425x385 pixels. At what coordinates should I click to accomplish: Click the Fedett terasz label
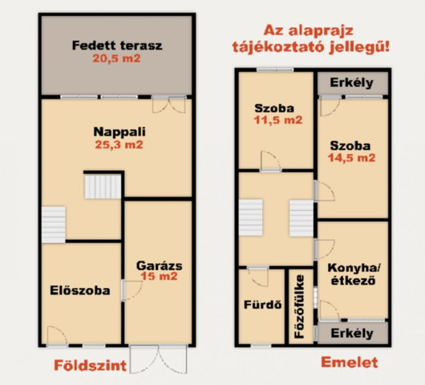point(117,46)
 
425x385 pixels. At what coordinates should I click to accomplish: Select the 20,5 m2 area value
point(117,59)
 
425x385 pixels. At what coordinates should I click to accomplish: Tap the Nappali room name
point(119,132)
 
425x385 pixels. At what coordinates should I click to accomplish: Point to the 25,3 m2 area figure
point(119,144)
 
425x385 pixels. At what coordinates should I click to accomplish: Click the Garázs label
point(160,265)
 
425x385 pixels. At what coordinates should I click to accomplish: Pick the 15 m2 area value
point(159,276)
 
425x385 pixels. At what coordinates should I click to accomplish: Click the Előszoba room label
point(80,290)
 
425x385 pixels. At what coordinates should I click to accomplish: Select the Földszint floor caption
point(91,366)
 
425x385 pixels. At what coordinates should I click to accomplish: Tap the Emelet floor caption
point(350,363)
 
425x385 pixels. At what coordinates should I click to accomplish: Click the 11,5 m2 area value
point(278,120)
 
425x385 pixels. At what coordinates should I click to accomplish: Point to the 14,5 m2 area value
point(352,158)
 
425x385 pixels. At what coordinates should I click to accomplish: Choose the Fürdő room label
point(263,305)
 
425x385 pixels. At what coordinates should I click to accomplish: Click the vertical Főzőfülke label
point(300,306)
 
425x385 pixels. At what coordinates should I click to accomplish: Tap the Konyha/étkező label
point(354,274)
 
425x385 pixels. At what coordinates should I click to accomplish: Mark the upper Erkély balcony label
point(352,83)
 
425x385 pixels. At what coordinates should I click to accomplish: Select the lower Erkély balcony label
point(352,333)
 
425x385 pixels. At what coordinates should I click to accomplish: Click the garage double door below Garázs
point(159,359)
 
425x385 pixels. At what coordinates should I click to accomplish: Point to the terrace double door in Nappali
point(169,104)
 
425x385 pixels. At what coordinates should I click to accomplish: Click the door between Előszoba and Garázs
point(132,290)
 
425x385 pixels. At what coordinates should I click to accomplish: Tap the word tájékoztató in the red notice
point(278,47)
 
